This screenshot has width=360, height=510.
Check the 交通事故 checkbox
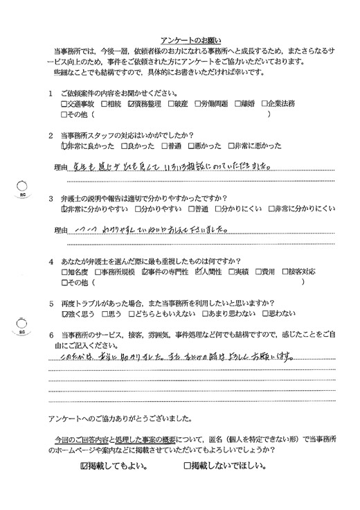click(x=64, y=104)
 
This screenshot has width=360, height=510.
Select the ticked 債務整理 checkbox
click(x=132, y=104)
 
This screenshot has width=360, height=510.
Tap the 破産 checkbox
click(x=171, y=104)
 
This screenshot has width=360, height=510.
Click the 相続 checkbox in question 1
click(x=104, y=104)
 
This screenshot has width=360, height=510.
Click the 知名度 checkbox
click(x=64, y=272)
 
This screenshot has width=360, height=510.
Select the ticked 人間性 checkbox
click(x=200, y=272)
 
